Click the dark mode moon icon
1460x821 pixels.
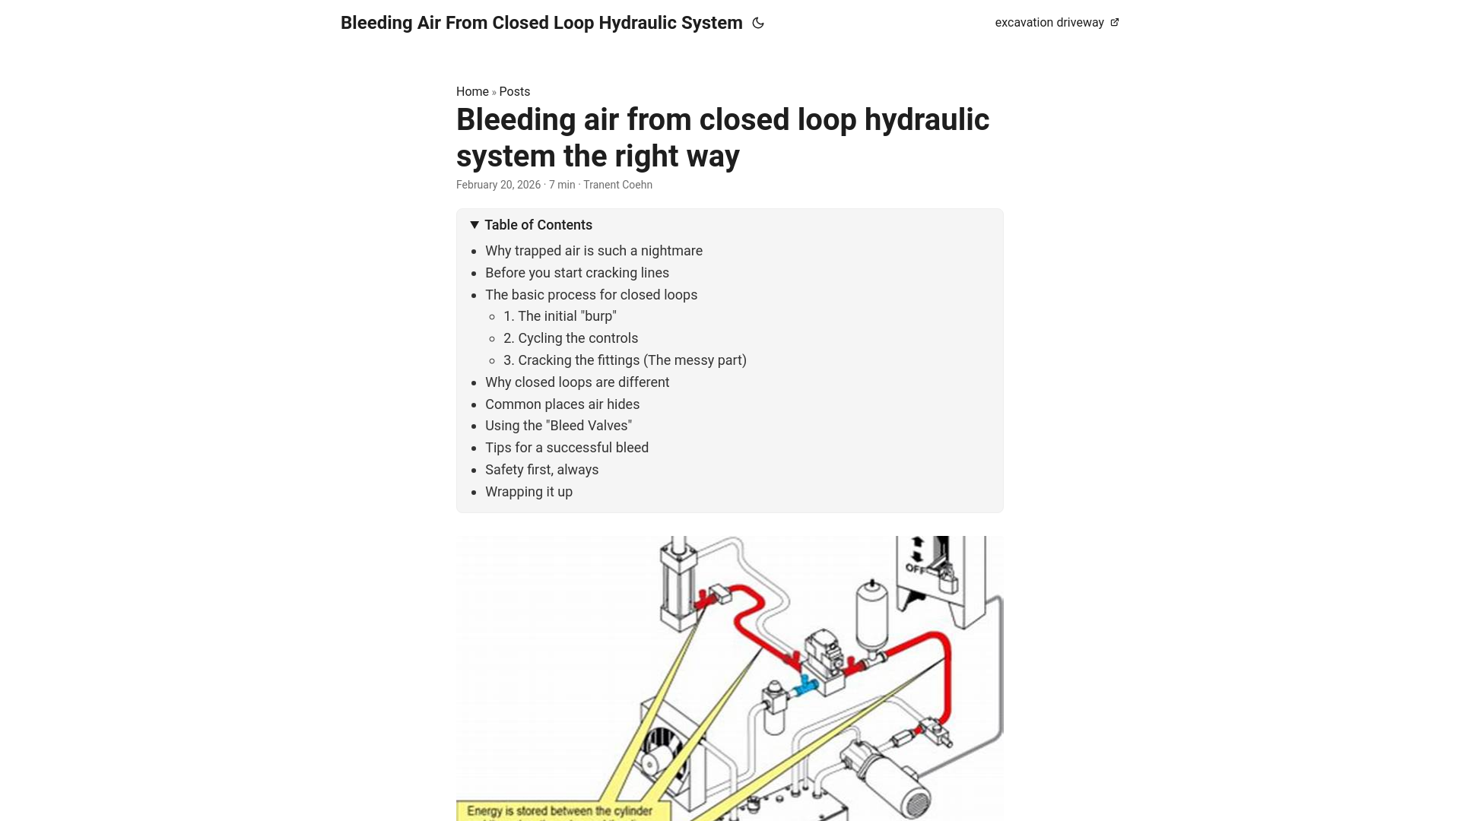(x=757, y=23)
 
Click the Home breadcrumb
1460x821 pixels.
(x=472, y=91)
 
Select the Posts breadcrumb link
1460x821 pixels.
(x=514, y=91)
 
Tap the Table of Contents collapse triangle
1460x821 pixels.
(x=474, y=225)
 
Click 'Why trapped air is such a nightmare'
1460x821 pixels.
(x=593, y=251)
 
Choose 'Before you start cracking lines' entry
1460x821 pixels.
(x=576, y=273)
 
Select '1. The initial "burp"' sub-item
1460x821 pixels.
(x=560, y=316)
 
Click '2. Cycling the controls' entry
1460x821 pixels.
(x=570, y=338)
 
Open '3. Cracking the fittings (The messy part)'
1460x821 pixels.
(x=624, y=360)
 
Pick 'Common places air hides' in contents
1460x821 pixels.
(x=562, y=404)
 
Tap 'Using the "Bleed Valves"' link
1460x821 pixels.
(x=558, y=426)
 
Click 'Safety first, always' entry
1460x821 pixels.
(x=541, y=470)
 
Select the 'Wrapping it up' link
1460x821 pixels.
(x=528, y=492)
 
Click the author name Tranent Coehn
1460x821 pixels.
(x=617, y=185)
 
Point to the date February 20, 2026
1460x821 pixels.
(x=498, y=185)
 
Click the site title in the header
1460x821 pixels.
(x=541, y=23)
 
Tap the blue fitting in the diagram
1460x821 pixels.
(x=805, y=686)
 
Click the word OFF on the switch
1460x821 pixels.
(x=915, y=569)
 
